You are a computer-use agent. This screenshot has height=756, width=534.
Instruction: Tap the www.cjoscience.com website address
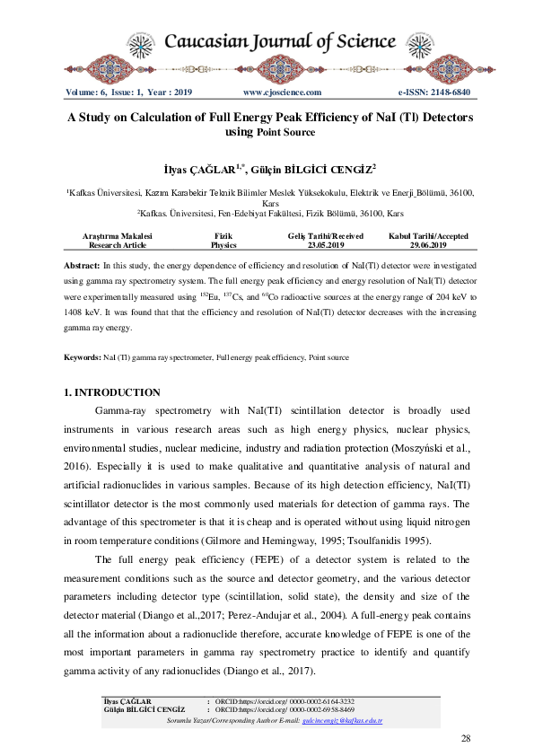click(x=282, y=92)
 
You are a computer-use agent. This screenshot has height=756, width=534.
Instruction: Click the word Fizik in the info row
click(x=223, y=236)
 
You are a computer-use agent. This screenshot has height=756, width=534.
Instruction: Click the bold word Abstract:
click(x=82, y=268)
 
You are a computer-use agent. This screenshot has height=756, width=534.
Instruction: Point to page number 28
click(x=465, y=738)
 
